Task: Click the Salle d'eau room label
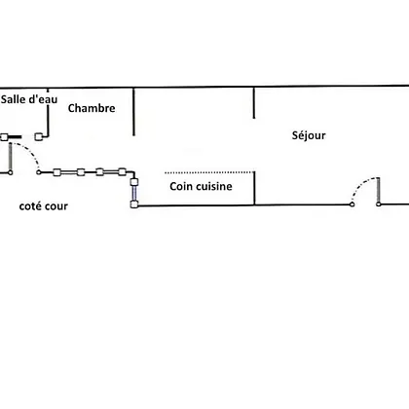pos(29,99)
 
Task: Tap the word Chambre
pos(92,108)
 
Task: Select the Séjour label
pos(309,135)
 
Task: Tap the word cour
pos(57,206)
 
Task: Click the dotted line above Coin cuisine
pos(209,172)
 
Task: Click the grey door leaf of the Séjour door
pos(379,190)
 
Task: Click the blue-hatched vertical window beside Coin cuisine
pos(134,193)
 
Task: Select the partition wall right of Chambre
pos(133,112)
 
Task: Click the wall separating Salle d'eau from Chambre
pos(48,112)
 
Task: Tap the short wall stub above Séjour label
pos(254,103)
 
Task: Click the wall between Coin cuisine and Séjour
pos(254,188)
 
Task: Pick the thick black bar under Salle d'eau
pos(15,137)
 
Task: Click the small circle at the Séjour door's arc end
pos(352,204)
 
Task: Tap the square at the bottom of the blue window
pos(134,204)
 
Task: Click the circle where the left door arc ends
pos(39,172)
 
